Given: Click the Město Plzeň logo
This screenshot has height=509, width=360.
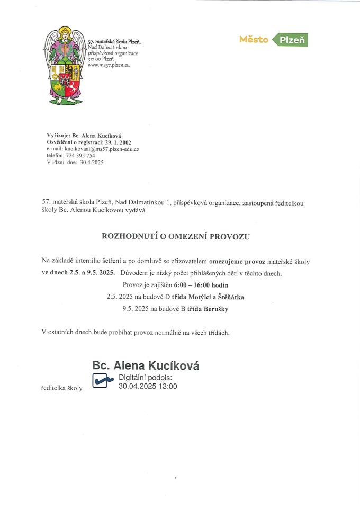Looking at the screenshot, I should [x=273, y=40].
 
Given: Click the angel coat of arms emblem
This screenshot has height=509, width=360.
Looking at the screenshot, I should [x=65, y=65].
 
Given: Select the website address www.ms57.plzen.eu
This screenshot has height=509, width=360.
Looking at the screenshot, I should [x=109, y=65].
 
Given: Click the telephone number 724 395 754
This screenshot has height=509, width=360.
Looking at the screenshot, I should [x=80, y=156].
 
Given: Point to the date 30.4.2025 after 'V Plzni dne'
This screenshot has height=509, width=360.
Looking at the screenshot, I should [x=92, y=163].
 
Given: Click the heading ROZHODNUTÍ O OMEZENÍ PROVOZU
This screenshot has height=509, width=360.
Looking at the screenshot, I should [x=175, y=237].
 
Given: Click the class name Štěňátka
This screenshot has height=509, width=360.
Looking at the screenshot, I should [x=228, y=297].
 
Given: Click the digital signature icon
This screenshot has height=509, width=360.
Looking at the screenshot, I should [x=103, y=380].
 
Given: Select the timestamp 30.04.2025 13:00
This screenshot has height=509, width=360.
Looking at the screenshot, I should [x=148, y=387].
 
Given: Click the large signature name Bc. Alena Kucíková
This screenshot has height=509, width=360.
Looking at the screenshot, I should [x=146, y=365].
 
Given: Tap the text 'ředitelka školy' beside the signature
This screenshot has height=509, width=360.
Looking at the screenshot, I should [x=62, y=388].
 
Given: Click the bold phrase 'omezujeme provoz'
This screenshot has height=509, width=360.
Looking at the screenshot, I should [x=237, y=262].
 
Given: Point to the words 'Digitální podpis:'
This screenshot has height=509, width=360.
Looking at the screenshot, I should [x=146, y=378].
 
